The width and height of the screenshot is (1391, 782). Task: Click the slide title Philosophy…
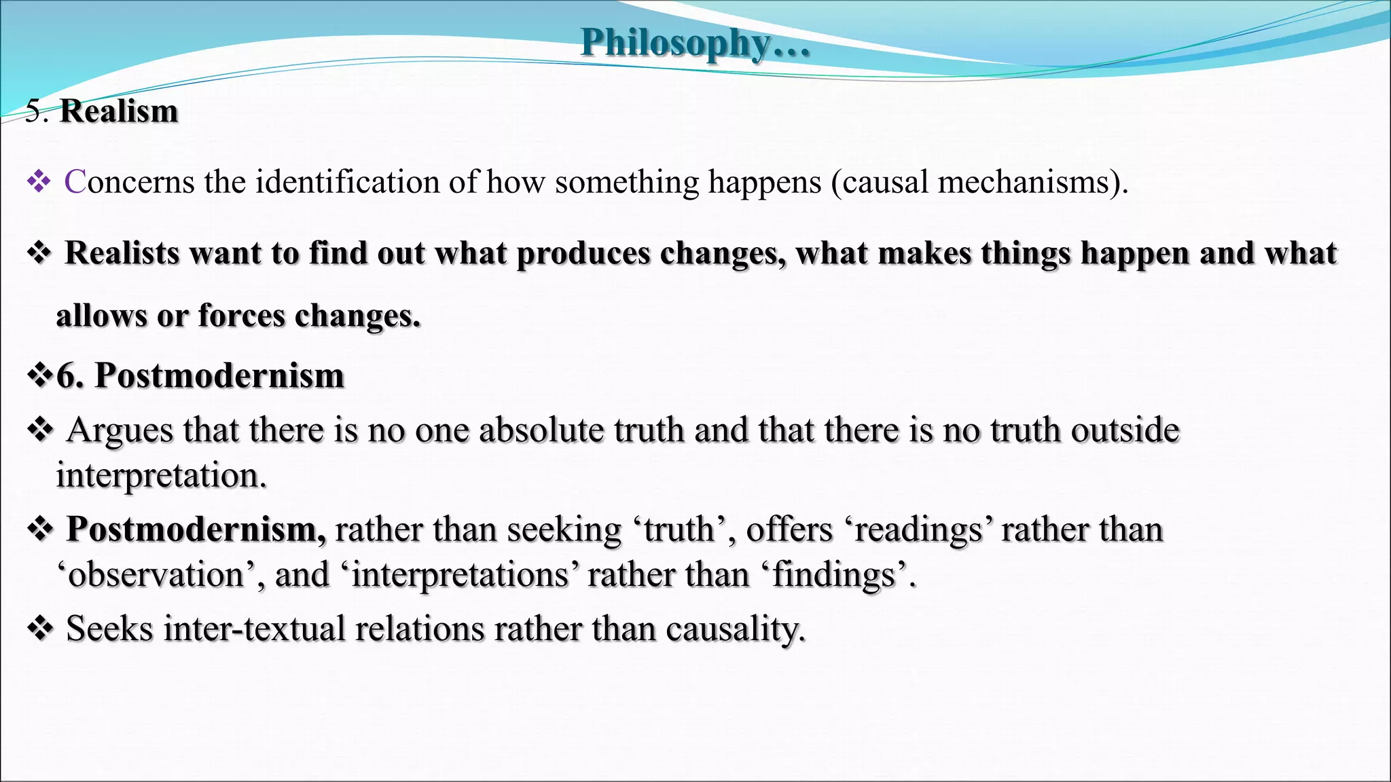tap(695, 42)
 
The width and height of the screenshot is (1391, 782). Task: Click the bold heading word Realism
tap(119, 111)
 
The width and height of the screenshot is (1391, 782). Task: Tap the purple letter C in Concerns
tap(75, 182)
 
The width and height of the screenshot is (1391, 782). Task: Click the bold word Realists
tap(122, 253)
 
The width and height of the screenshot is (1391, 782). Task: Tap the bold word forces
tap(241, 316)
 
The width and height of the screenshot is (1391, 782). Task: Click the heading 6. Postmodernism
tap(200, 375)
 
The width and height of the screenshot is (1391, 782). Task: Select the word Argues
tap(120, 430)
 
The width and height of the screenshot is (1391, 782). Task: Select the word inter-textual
tap(255, 629)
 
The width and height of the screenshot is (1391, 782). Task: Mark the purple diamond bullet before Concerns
tap(39, 182)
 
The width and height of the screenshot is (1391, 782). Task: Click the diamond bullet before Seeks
tap(40, 629)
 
